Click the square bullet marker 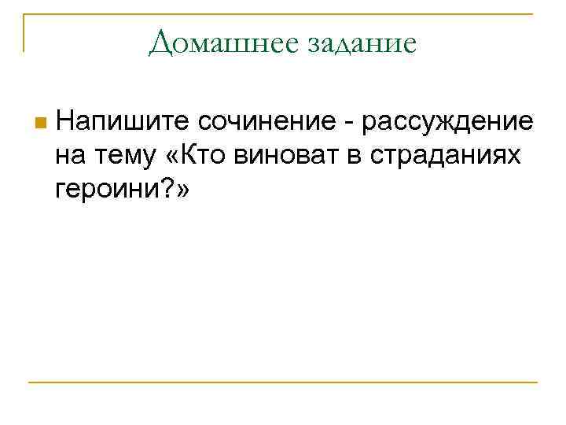41,123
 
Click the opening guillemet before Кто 173,157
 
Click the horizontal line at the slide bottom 283,382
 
